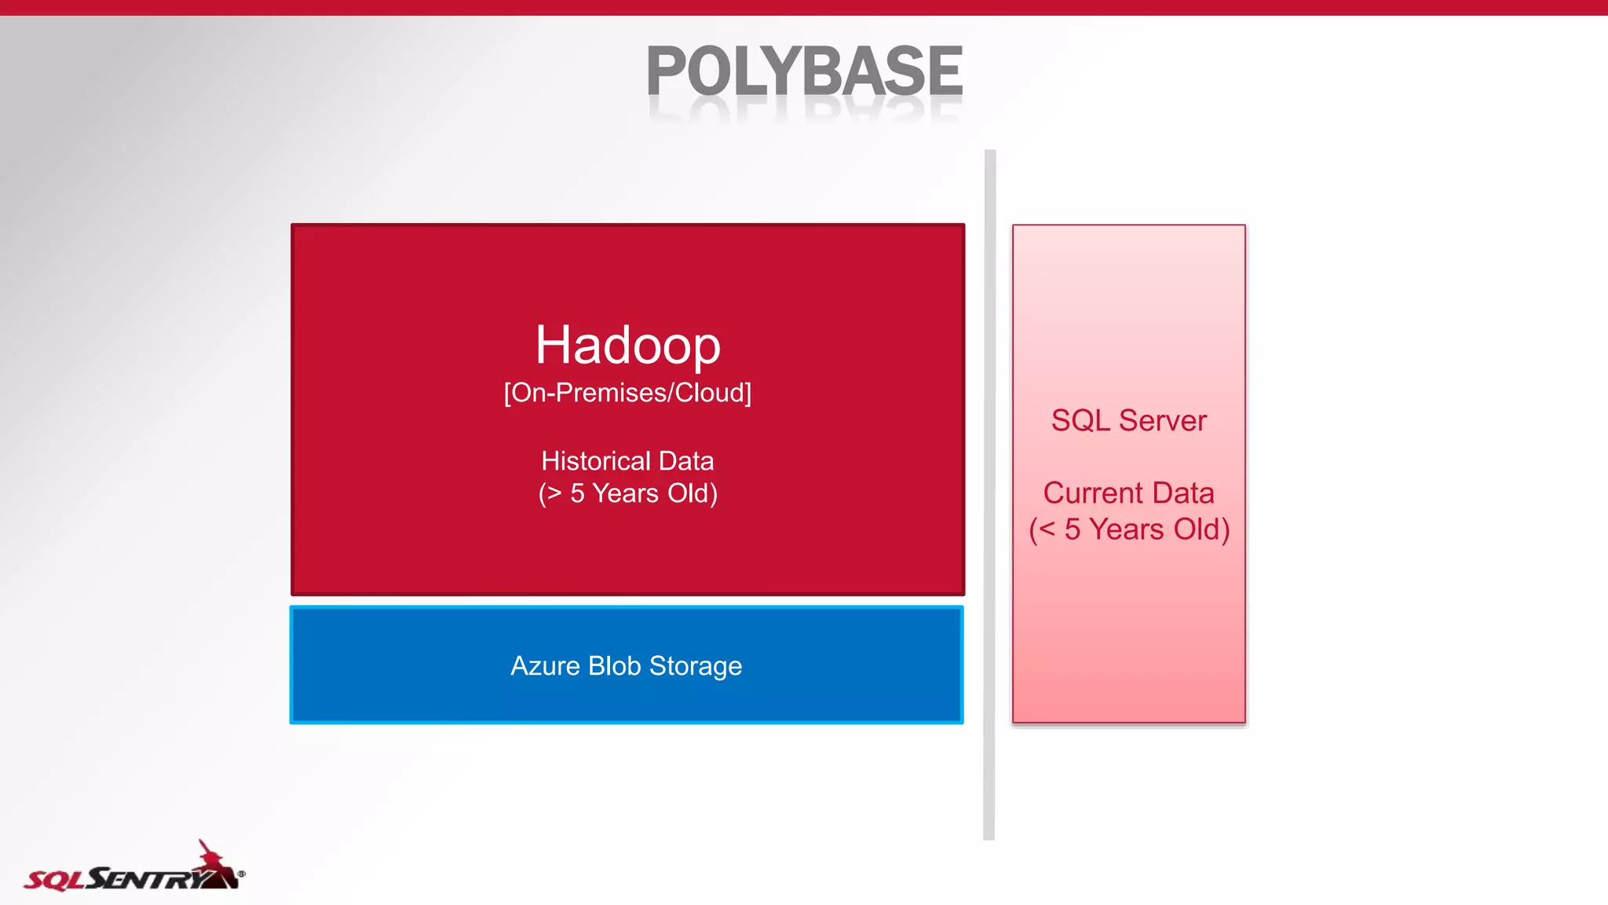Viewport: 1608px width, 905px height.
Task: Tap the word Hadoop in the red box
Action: pos(628,345)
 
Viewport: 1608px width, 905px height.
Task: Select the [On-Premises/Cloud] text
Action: pos(627,392)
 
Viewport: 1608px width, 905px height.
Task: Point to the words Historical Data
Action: pos(627,460)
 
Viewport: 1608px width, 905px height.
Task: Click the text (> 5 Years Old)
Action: pos(627,493)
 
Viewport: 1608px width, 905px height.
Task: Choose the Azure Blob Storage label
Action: pos(626,665)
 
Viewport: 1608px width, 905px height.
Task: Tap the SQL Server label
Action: pos(1128,420)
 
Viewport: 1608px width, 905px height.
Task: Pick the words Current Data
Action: pos(1128,493)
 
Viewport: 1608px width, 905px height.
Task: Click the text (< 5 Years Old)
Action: pos(1128,529)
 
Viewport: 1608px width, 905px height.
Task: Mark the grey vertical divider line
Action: pos(989,495)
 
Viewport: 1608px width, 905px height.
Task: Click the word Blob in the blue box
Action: pos(615,665)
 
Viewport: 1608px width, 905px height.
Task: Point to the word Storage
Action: pos(696,666)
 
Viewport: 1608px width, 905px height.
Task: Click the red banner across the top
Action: pos(804,7)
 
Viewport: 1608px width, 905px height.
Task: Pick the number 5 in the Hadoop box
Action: pos(578,493)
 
